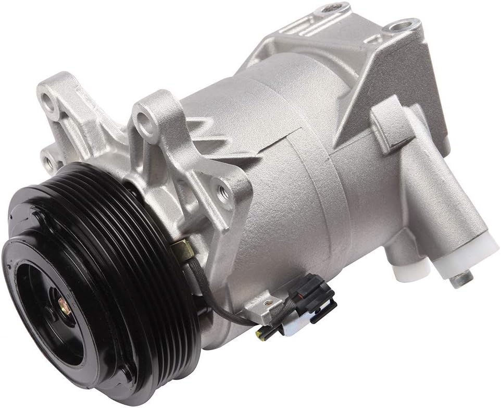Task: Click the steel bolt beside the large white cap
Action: [461, 279]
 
